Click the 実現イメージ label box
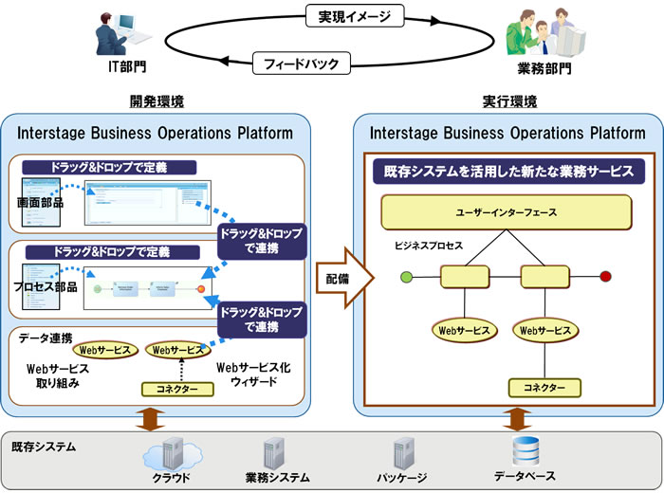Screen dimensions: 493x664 click(348, 16)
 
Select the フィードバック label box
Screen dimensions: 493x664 click(302, 64)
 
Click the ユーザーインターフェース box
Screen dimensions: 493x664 click(506, 212)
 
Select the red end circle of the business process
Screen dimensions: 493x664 click(605, 277)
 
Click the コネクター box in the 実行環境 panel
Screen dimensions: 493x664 click(544, 388)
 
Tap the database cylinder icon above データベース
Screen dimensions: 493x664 click(525, 448)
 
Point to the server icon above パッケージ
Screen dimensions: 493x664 click(402, 452)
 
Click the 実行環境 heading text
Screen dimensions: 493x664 click(509, 101)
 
